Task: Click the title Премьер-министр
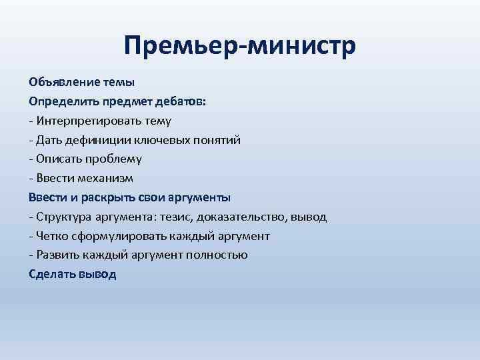(240, 47)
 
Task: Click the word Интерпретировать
(83, 121)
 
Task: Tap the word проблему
(113, 159)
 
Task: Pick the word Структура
(63, 217)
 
